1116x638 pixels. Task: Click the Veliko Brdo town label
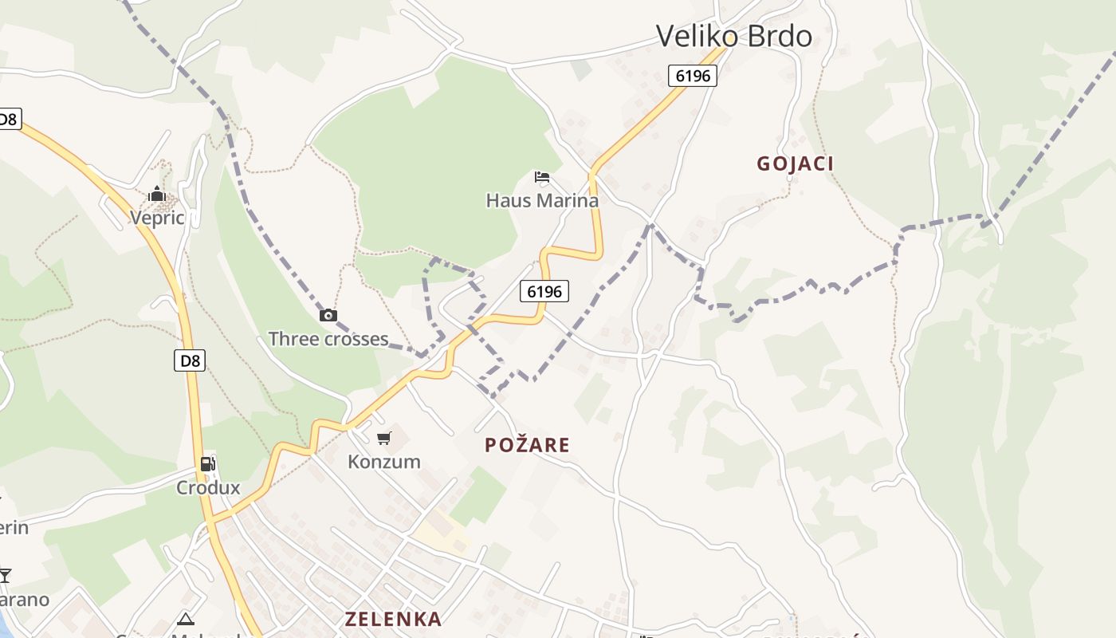(733, 36)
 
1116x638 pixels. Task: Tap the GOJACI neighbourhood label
(795, 163)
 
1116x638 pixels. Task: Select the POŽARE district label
(527, 445)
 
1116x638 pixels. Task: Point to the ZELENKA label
(393, 619)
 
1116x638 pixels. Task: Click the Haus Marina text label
(542, 200)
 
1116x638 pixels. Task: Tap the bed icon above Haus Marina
(542, 177)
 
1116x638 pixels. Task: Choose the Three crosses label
(328, 339)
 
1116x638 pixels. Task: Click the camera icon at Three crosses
(328, 316)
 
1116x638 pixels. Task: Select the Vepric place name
(157, 218)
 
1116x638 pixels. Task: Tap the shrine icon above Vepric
(157, 194)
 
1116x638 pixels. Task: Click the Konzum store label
(383, 462)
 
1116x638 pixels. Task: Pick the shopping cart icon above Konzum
(384, 438)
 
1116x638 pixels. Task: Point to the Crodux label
(208, 487)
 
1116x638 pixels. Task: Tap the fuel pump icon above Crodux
(207, 463)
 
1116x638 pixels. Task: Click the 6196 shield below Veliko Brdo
(692, 76)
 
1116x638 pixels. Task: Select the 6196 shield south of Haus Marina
(544, 292)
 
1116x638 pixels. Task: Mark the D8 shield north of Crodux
(190, 360)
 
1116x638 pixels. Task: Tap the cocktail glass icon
(5, 575)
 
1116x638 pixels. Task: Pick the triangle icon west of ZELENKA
(186, 619)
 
